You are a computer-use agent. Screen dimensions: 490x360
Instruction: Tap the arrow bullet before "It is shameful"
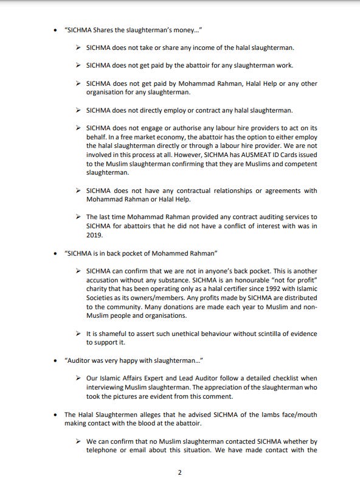pos(79,334)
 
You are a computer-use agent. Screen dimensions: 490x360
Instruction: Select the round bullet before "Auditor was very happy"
pos(57,360)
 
